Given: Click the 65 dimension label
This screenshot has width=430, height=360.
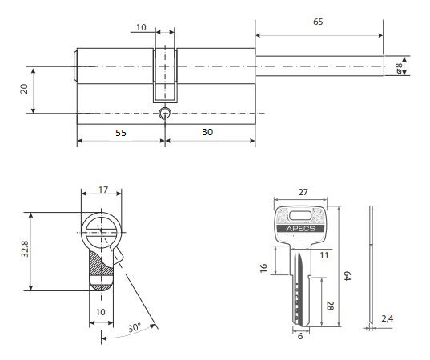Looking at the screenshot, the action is [x=318, y=22].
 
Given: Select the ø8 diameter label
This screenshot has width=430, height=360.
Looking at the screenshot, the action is [x=399, y=68].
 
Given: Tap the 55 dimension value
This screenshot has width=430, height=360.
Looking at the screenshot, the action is [x=121, y=133].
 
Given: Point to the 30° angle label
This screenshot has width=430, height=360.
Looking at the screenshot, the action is [x=135, y=327].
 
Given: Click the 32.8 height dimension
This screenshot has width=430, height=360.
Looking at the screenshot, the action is [x=25, y=249].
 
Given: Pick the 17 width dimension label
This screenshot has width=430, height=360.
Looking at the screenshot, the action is [x=103, y=190].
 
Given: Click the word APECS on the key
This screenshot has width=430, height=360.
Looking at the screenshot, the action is [x=300, y=229].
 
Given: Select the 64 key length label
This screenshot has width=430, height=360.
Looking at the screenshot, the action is [x=348, y=276].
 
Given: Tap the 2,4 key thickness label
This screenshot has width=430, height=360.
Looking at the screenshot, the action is [x=388, y=318].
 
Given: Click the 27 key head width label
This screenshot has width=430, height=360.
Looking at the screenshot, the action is [x=303, y=192].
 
